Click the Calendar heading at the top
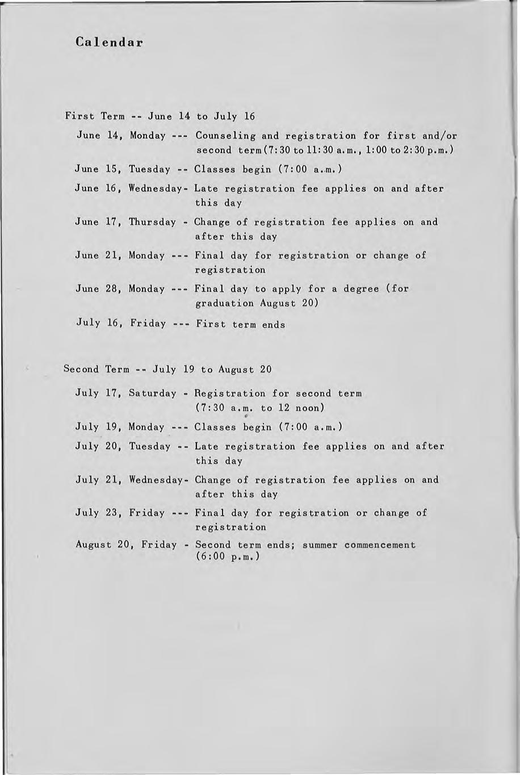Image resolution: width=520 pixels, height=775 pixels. (x=108, y=43)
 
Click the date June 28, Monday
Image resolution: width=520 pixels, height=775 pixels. (x=120, y=289)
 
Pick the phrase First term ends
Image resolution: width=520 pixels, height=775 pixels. (x=240, y=325)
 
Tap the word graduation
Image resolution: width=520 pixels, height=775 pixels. (x=224, y=303)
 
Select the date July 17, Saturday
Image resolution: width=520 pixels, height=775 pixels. (x=125, y=393)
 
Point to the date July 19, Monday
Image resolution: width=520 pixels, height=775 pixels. (x=121, y=427)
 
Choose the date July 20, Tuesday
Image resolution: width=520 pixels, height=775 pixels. (x=123, y=446)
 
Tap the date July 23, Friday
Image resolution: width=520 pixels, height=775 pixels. (x=120, y=513)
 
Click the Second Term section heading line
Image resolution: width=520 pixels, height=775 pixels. (x=167, y=370)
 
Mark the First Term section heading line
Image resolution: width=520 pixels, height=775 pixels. (x=160, y=116)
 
